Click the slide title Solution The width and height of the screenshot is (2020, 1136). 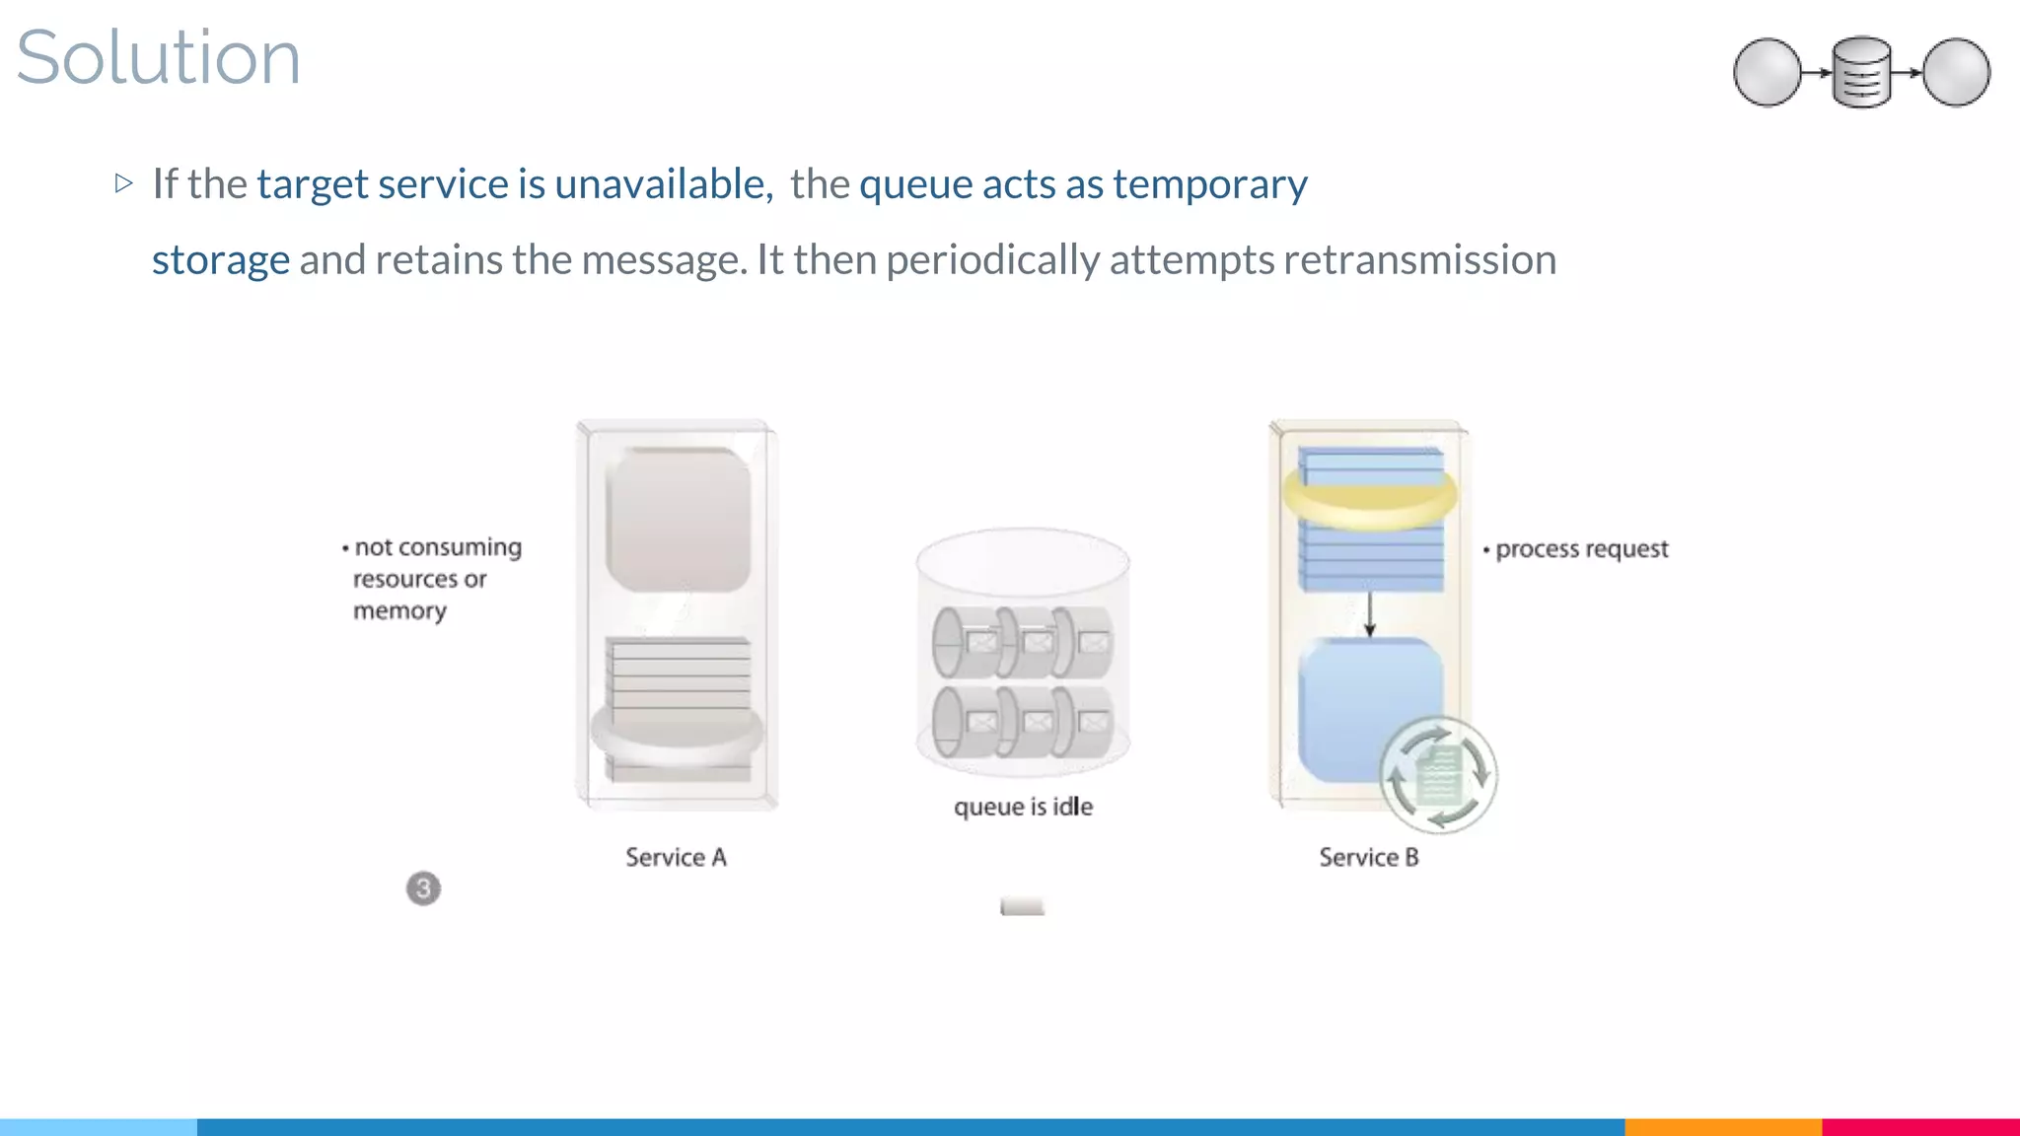pos(158,57)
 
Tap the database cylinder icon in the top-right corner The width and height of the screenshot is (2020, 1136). pos(1861,72)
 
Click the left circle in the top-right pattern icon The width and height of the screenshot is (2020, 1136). pos(1767,72)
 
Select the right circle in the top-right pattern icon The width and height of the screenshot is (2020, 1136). pos(1956,72)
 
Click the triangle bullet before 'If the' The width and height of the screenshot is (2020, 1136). pos(123,182)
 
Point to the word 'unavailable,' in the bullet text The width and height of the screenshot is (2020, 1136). pos(663,184)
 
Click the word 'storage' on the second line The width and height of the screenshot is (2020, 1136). pos(221,260)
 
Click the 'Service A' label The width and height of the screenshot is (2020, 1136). pos(676,857)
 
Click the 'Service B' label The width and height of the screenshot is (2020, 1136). pos(1368,857)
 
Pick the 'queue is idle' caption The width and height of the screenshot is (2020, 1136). pos(1023,807)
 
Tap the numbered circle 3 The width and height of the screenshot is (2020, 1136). pos(423,888)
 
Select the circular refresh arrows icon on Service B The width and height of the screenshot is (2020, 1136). pos(1438,775)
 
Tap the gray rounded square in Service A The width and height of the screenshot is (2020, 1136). pos(678,520)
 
